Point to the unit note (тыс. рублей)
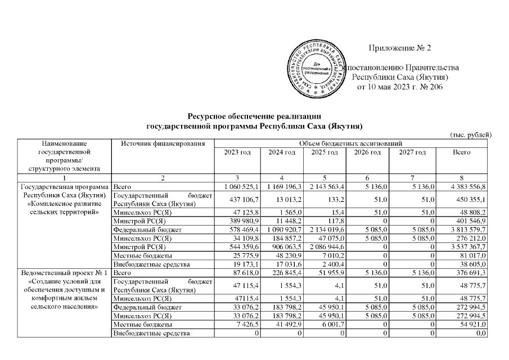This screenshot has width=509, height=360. click(x=471, y=134)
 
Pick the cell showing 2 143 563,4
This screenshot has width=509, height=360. click(x=326, y=186)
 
